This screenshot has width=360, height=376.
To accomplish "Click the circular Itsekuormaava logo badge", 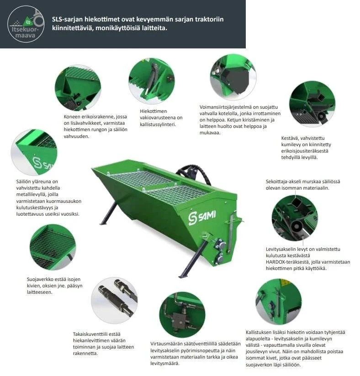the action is [26, 24].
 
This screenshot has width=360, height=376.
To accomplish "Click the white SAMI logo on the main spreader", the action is [202, 218].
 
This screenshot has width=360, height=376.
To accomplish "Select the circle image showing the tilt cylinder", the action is [152, 81].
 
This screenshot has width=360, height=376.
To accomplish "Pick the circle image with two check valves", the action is [114, 301].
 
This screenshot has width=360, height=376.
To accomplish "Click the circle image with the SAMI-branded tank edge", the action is [34, 152].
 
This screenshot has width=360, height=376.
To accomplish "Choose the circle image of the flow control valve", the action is [182, 315].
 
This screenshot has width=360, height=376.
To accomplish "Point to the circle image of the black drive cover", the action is [233, 77].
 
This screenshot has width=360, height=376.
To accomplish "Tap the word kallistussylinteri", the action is [158, 124].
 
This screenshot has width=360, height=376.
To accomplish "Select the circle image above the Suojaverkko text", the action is [53, 248].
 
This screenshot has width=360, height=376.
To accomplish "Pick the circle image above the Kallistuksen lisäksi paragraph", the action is [279, 302].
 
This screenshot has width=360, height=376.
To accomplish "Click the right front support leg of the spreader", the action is [193, 259].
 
